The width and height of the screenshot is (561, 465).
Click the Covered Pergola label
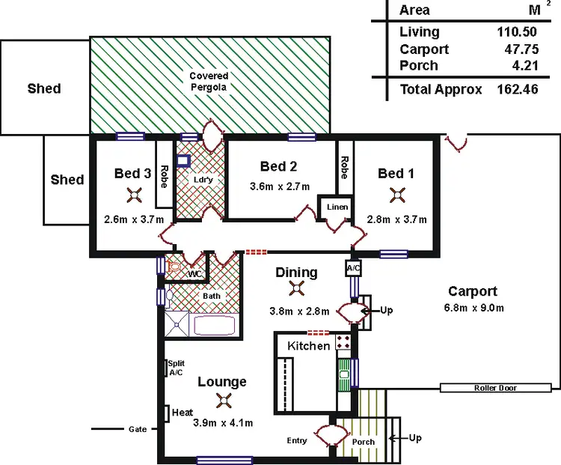[208, 82]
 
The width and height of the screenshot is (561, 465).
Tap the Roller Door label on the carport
[495, 388]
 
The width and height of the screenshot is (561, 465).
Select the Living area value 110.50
[517, 31]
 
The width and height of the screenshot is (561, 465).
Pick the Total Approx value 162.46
[517, 89]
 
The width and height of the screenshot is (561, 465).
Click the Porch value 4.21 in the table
[521, 66]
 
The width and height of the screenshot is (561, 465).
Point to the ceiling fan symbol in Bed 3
[133, 195]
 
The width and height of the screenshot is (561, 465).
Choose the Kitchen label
[308, 346]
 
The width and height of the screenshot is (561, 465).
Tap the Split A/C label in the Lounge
[177, 367]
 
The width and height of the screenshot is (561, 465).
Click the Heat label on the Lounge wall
[183, 413]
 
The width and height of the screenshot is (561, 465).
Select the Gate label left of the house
[136, 429]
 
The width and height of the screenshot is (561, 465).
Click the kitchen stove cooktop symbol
[343, 342]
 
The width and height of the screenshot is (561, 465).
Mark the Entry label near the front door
[297, 440]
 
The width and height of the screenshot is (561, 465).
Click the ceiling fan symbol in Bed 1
[396, 195]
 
